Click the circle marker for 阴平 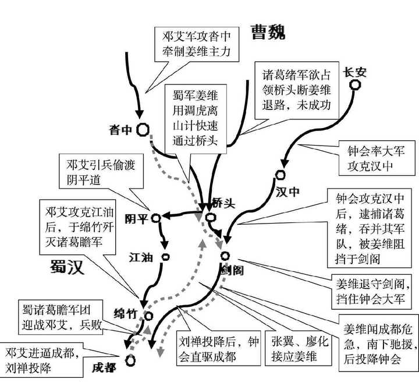(155, 218)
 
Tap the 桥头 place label (225, 204)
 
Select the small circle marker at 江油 (165, 257)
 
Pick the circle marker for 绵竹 (148, 316)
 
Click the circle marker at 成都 (132, 359)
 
